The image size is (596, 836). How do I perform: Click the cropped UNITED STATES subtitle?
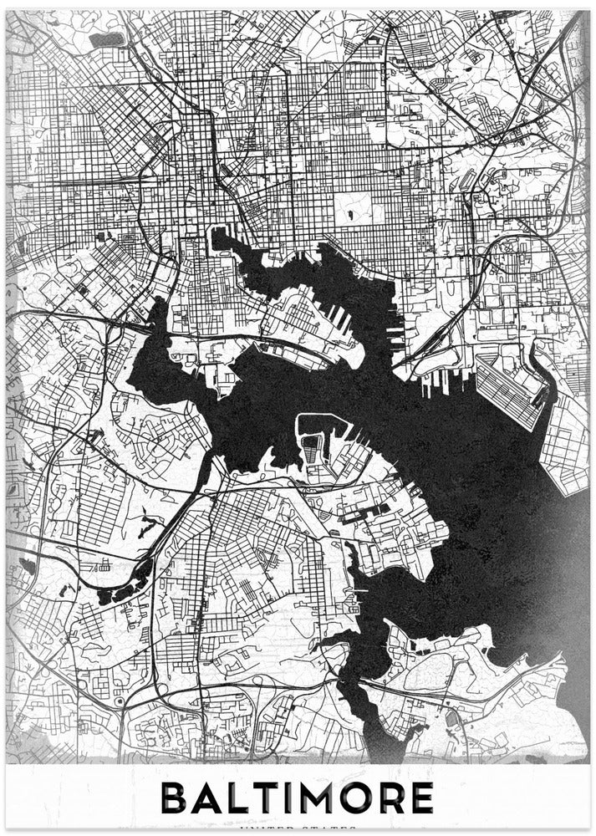click(x=298, y=829)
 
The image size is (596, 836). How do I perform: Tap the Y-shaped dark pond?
click(x=150, y=526)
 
